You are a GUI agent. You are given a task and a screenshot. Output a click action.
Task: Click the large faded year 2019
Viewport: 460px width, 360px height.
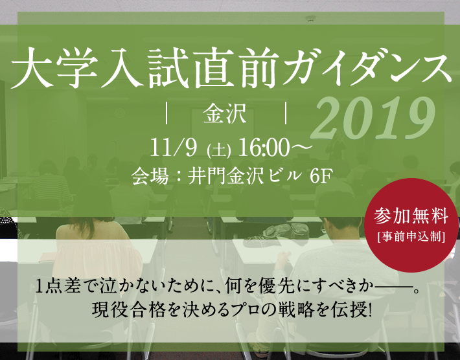(373, 119)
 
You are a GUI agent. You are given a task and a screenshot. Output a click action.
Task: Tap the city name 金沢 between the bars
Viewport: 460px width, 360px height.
(225, 113)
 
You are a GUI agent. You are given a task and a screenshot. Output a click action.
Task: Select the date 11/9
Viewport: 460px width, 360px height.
(174, 148)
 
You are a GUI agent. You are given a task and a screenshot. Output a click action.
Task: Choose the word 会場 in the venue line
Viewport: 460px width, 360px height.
(150, 176)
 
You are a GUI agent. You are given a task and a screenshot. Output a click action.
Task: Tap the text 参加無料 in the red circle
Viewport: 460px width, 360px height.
(411, 216)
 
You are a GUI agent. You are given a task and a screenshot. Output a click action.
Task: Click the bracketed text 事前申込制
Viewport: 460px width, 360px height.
(411, 236)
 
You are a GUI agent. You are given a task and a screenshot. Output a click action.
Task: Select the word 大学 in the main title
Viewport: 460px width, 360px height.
(54, 68)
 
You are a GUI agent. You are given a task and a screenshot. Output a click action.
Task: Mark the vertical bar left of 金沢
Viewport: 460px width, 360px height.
(167, 113)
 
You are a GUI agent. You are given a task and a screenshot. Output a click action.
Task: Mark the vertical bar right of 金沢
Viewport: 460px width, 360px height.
(286, 113)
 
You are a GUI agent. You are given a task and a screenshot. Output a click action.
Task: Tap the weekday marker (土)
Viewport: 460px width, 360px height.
(218, 150)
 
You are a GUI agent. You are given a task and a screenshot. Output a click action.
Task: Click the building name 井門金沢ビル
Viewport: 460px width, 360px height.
(245, 176)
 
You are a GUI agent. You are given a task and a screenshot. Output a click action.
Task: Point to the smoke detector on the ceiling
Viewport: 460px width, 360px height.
(310, 19)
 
